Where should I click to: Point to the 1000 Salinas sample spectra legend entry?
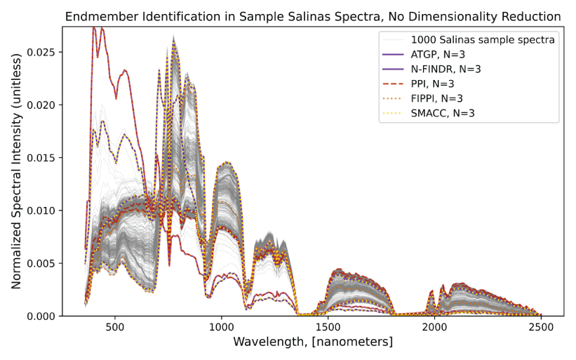[483, 40]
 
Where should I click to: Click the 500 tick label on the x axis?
[115, 328]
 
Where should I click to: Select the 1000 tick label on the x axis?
[221, 328]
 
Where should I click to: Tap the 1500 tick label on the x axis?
[328, 328]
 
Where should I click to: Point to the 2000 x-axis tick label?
[434, 328]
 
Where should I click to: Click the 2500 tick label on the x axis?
[541, 328]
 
